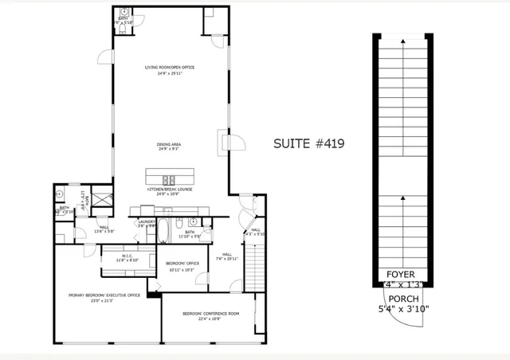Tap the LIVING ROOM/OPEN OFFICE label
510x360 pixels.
[170, 67]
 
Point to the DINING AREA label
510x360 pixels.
[170, 143]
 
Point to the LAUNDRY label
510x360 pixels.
[146, 222]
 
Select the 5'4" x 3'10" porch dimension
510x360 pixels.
[403, 308]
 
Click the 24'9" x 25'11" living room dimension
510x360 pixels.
[170, 73]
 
